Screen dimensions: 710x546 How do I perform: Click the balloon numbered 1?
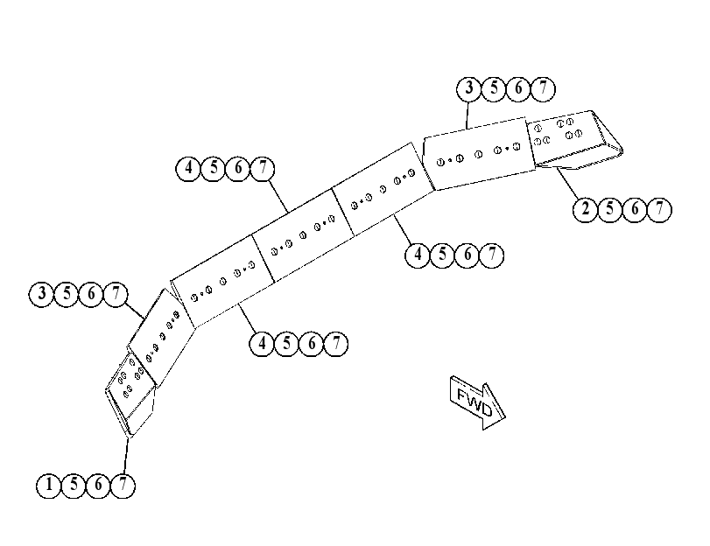pos(48,486)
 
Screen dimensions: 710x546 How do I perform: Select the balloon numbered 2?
pos(586,210)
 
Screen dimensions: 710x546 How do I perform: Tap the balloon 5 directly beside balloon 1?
pos(74,486)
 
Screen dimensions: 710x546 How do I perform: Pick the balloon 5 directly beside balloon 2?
pos(610,210)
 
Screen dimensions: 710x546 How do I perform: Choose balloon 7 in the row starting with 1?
pos(123,486)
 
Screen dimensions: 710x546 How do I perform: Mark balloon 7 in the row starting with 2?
pos(660,210)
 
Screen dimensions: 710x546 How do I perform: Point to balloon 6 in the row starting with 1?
pos(98,486)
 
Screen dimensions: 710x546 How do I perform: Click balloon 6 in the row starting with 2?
pos(635,210)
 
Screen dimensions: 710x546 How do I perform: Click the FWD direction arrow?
pos(478,402)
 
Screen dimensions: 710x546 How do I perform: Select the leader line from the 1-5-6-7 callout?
pos(125,456)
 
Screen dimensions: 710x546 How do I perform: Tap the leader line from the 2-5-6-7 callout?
pos(567,184)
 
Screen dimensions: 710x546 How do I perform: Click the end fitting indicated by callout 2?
pos(575,139)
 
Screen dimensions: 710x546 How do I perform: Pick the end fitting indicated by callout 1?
pos(130,393)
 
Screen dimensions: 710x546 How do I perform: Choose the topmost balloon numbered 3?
pos(468,88)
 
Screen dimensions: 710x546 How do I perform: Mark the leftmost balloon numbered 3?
pos(41,294)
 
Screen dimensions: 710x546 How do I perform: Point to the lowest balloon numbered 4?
pos(262,344)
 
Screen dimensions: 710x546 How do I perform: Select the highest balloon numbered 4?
pos(188,169)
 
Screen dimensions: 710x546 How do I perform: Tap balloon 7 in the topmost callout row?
pos(543,88)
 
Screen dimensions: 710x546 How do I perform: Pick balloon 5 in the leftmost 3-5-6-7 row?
pos(67,294)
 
